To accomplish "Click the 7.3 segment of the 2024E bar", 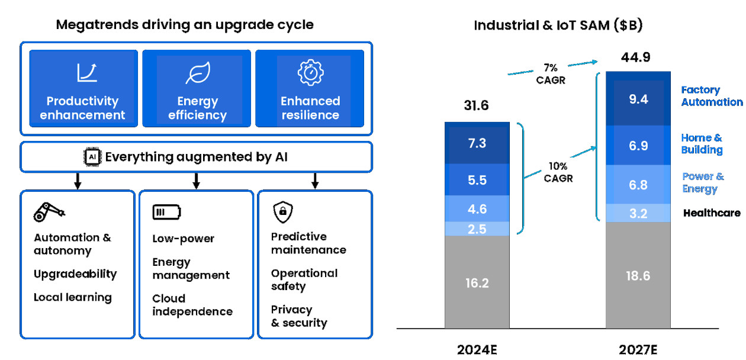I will tap(477, 143).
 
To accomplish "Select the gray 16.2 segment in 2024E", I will tap(477, 282).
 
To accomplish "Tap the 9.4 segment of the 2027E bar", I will tap(638, 99).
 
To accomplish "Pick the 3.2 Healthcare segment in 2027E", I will tap(638, 213).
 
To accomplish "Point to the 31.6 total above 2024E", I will tap(477, 106).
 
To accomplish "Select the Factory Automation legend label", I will tap(711, 96).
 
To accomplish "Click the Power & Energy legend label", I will tap(703, 183).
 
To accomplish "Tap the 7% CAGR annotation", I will tap(550, 74).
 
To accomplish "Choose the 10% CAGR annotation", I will tap(558, 172).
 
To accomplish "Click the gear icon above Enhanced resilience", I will tap(310, 72).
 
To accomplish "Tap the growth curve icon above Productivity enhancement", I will tap(86, 72).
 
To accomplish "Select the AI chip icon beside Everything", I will tap(92, 157).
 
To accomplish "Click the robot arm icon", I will tap(49, 211).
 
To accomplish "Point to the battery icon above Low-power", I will tap(166, 212).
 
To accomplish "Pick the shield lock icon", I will tap(283, 211).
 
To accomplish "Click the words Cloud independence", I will tap(192, 305).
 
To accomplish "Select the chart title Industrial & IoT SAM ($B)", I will tap(558, 25).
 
